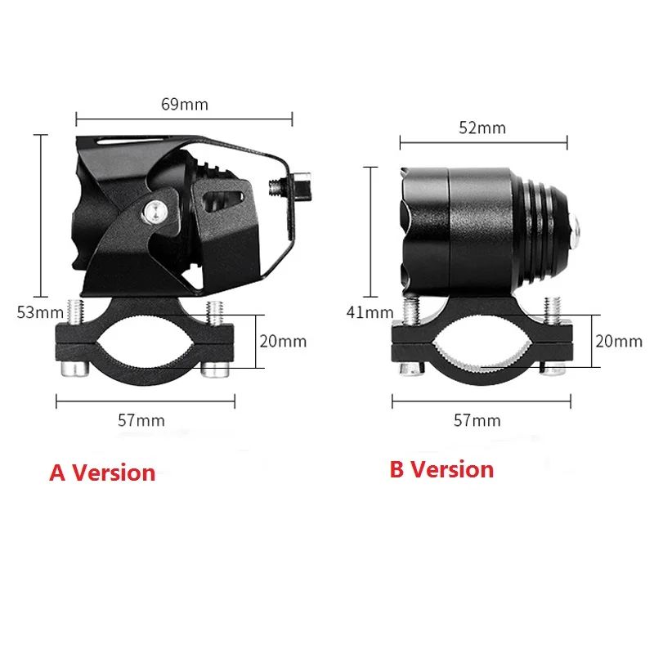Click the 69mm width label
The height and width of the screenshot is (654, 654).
[184, 104]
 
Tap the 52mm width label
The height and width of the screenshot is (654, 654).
[482, 128]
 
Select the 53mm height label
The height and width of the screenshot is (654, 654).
[40, 311]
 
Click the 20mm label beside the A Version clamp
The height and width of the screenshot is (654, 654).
[282, 341]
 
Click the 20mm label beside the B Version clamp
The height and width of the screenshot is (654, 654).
[618, 341]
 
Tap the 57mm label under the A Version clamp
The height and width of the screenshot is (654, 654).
[141, 420]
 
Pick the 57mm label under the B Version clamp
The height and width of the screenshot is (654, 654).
[477, 420]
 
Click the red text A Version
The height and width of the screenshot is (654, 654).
[102, 473]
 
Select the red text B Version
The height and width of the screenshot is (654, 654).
[441, 469]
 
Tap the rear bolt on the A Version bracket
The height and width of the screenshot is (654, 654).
[301, 186]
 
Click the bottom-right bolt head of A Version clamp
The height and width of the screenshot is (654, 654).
[213, 370]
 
